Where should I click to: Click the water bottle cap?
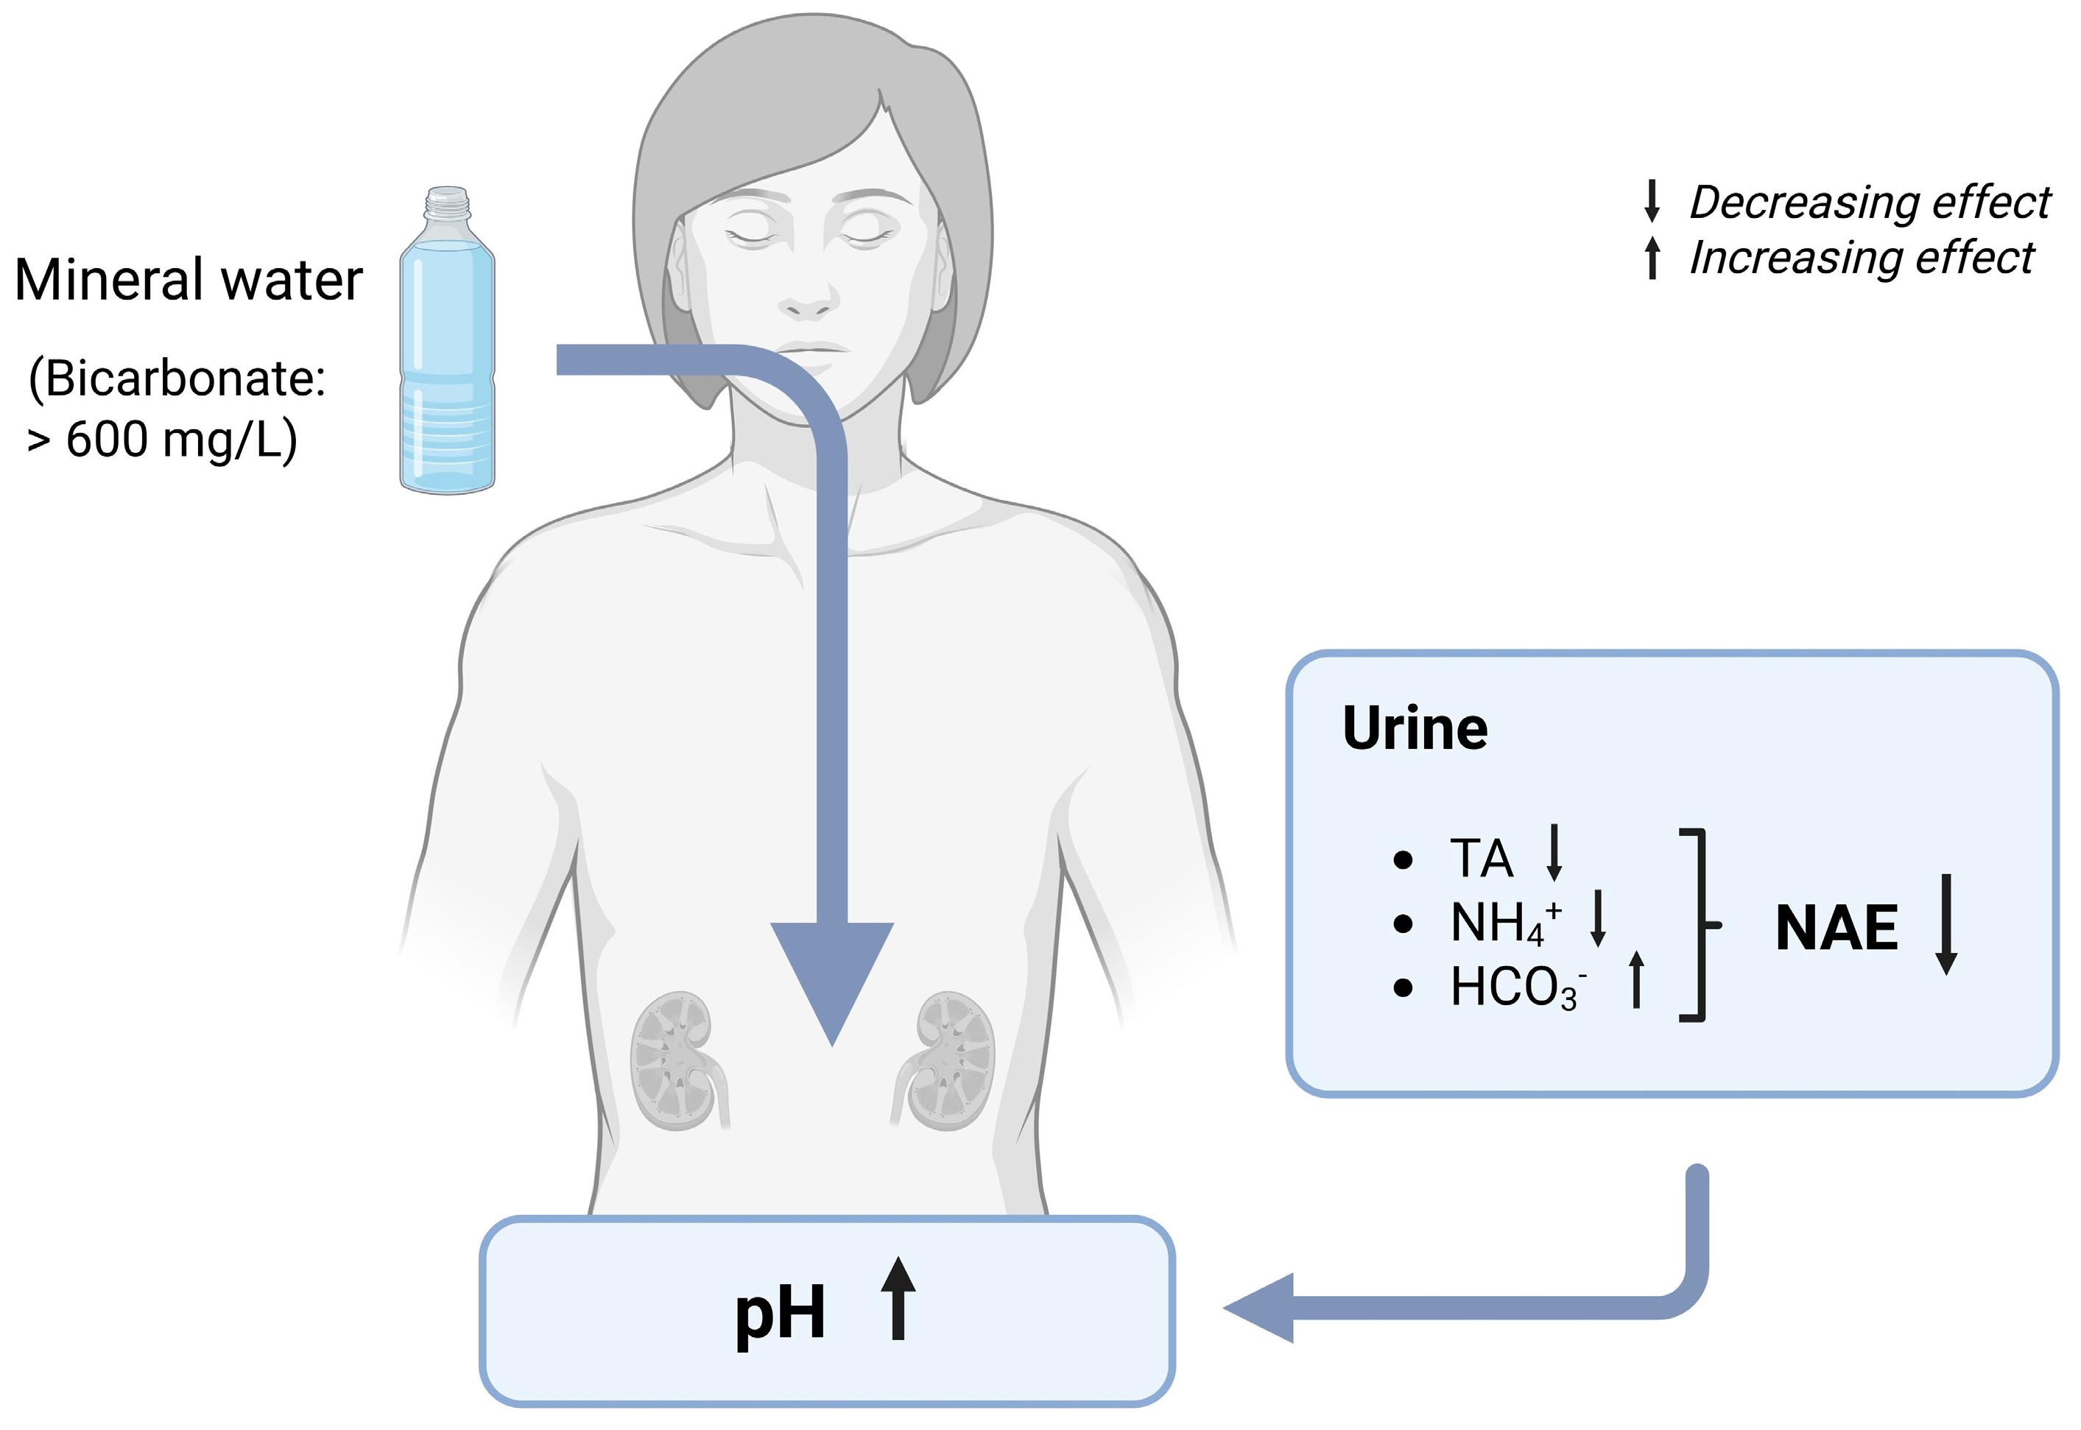coord(447,202)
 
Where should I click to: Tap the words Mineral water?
coord(188,280)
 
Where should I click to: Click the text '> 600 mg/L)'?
coord(162,440)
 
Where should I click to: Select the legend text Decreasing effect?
coord(1869,202)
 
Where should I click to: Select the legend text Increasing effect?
coord(1861,258)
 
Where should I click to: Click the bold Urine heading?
coord(1415,728)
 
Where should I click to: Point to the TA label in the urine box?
coord(1481,859)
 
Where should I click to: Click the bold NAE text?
coord(1836,929)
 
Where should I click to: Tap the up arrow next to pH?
coord(898,1298)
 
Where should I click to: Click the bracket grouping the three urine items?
coord(1699,925)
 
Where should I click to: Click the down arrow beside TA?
coord(1554,853)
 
